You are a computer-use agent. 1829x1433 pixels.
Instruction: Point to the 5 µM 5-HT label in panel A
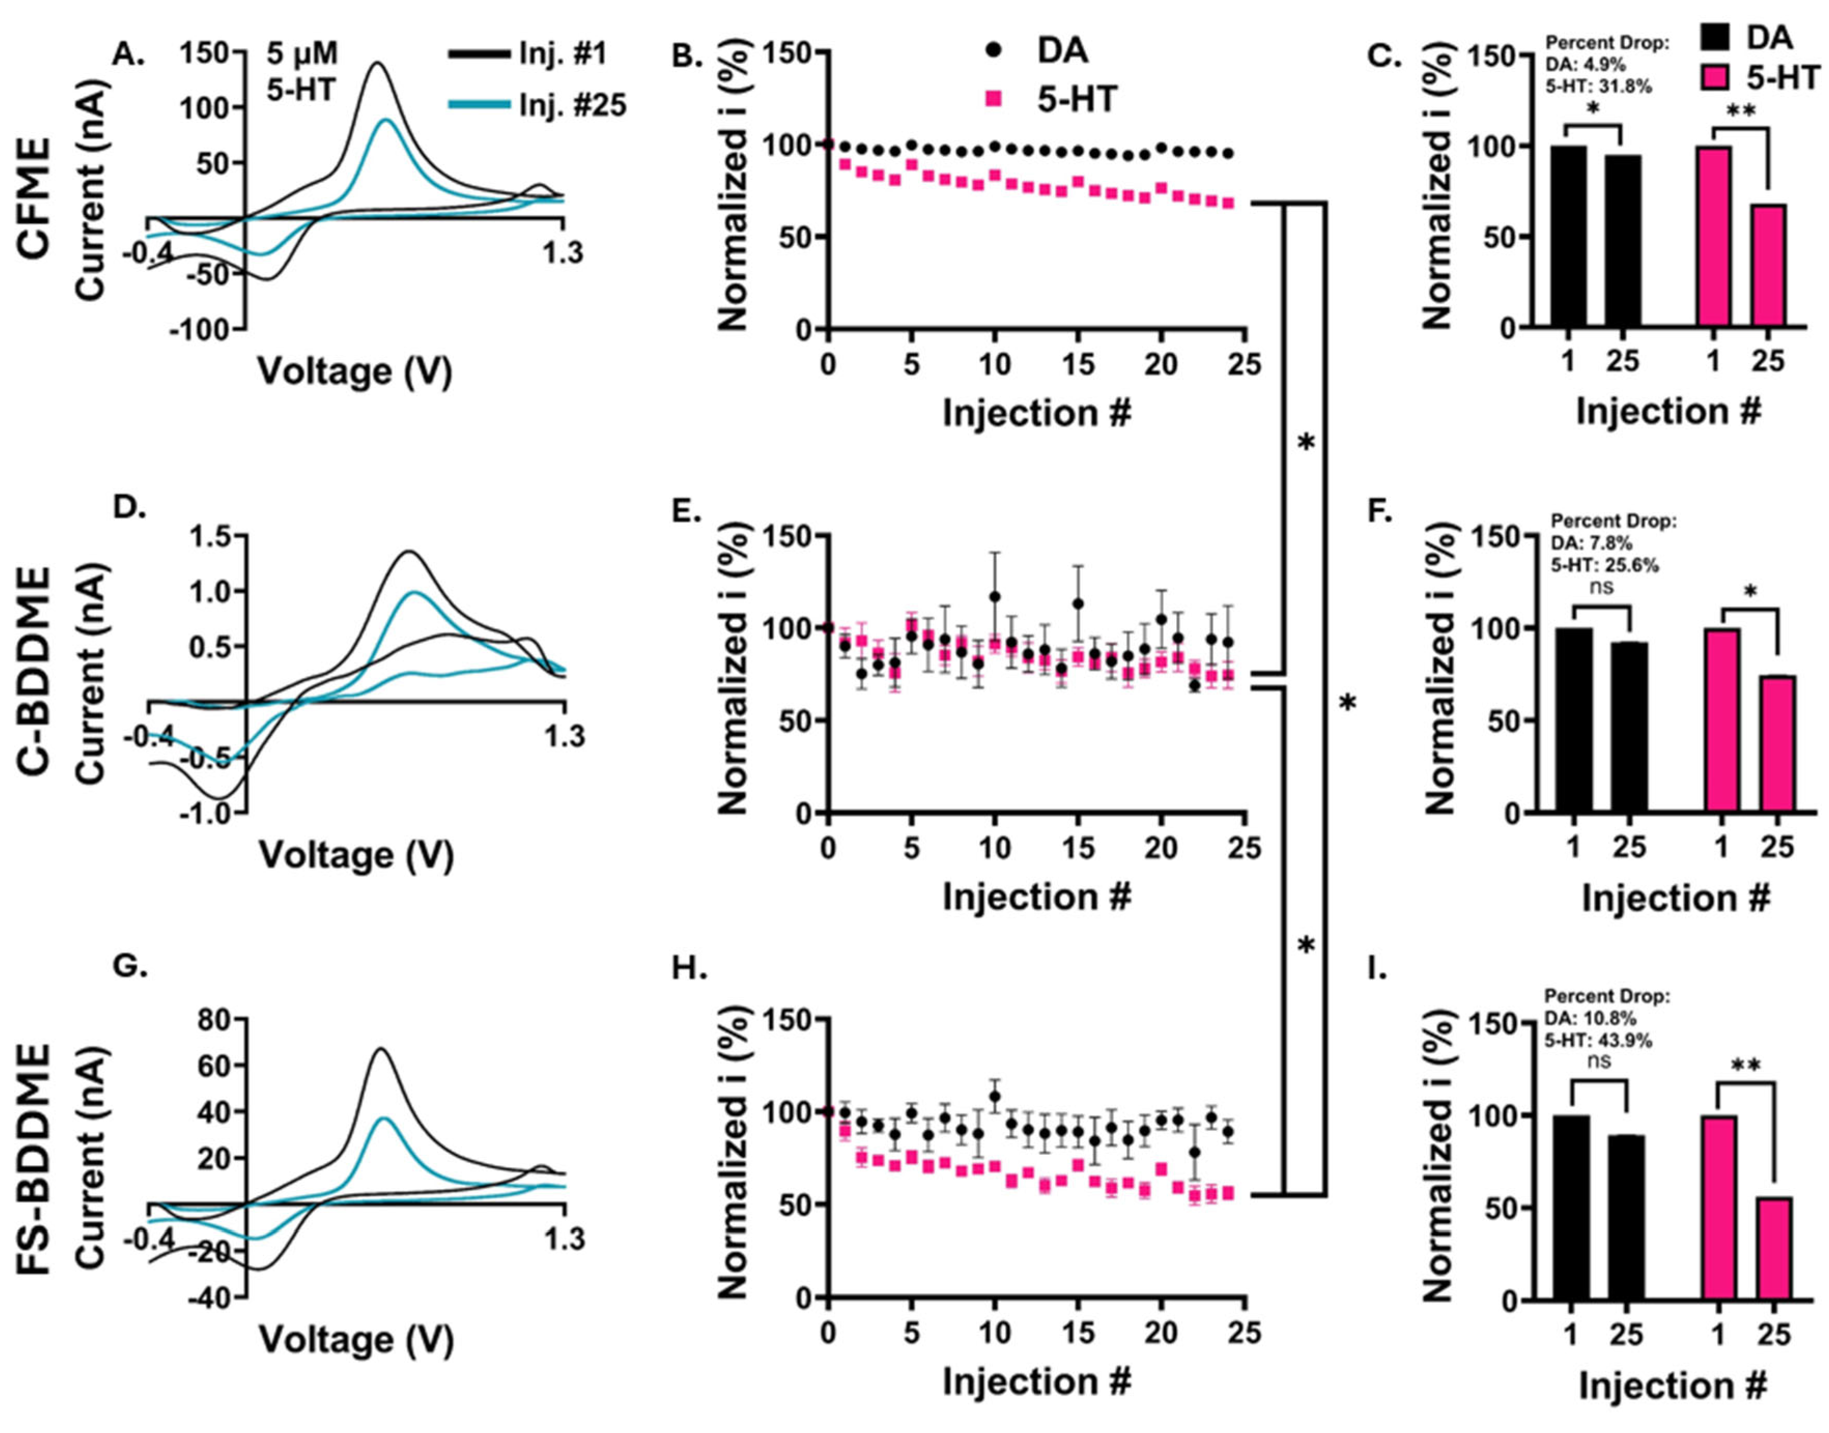[x=302, y=71]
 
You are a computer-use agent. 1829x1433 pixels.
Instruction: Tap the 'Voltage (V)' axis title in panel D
[x=356, y=856]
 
